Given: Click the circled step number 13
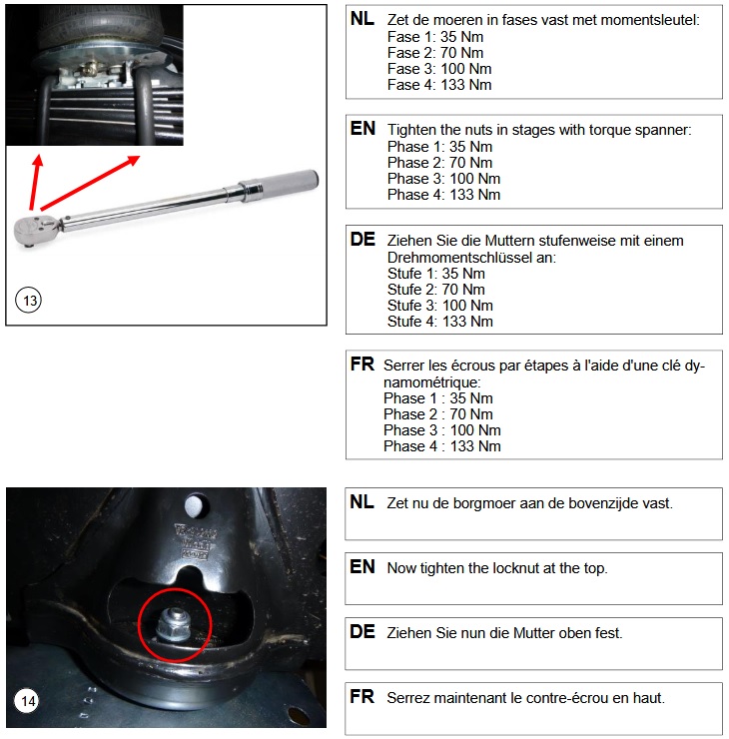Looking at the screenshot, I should (30, 301).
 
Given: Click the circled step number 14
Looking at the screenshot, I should (28, 702).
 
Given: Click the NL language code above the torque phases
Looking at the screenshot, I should (363, 20).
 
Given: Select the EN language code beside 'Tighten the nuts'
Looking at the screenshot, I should (363, 130).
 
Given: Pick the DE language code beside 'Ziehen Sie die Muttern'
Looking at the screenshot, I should (363, 241).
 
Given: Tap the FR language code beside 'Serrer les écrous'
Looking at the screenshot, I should (362, 366).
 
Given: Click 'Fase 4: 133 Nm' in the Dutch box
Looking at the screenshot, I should (439, 85).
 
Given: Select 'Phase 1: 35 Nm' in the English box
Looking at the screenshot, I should (439, 147).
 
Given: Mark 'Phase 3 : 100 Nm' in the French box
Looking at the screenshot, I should (441, 430).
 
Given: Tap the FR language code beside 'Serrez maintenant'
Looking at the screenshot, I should (362, 697).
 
